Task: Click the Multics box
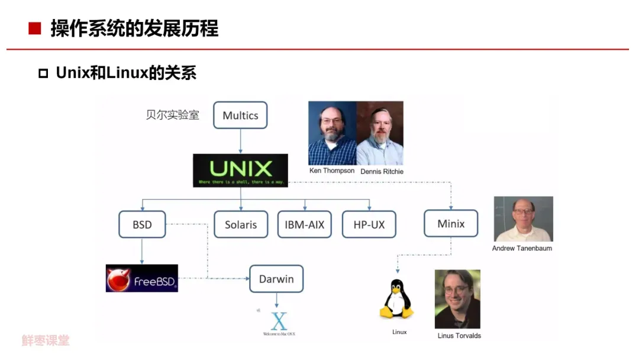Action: tap(240, 115)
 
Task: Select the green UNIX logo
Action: tap(240, 170)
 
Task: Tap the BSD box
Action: tap(142, 224)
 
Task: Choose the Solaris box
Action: tap(241, 224)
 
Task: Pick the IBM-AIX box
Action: tap(305, 224)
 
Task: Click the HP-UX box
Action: tap(369, 224)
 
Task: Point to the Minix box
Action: tap(451, 224)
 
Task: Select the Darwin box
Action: tap(276, 279)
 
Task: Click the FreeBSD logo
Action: tap(142, 278)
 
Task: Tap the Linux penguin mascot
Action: tap(396, 300)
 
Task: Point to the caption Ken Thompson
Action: tap(332, 171)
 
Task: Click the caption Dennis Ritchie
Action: tap(382, 171)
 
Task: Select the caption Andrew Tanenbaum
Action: tap(522, 248)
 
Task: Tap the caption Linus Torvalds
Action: tap(459, 336)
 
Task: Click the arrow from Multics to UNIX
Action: tap(240, 142)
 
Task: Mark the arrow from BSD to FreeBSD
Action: tap(142, 251)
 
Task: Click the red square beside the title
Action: tap(35, 28)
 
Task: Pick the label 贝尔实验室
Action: tap(173, 115)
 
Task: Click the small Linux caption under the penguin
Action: tap(399, 332)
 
